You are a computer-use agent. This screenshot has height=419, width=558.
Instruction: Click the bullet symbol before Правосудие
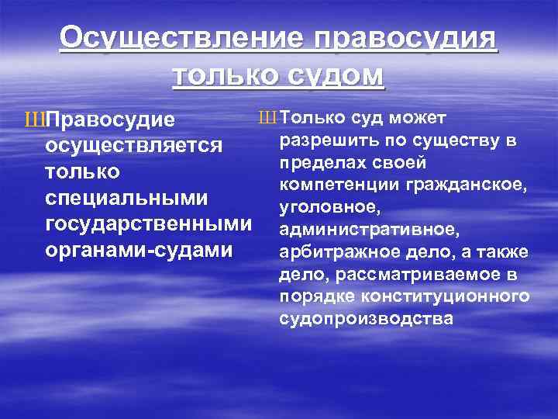coord(35,121)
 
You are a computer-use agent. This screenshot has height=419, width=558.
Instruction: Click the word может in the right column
coord(419,118)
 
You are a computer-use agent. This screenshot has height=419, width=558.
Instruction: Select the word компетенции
coord(333,185)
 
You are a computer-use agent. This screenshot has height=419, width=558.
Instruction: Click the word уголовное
coord(318,208)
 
